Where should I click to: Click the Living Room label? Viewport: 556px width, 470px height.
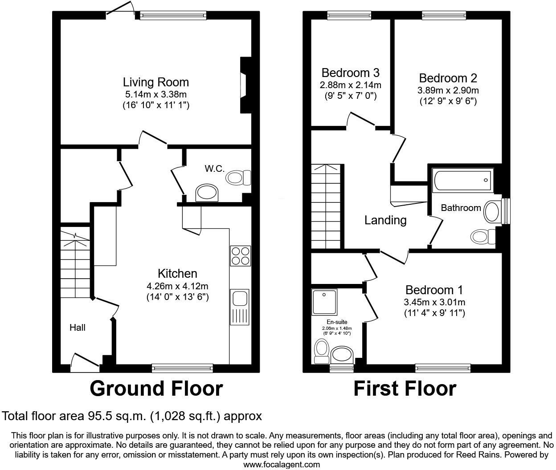(x=156, y=82)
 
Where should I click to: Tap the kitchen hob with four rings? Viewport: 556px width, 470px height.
(x=240, y=256)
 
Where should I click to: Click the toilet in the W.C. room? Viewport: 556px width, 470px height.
(x=238, y=178)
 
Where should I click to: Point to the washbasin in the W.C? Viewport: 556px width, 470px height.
(x=208, y=193)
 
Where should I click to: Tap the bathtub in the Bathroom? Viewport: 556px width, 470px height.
(x=462, y=180)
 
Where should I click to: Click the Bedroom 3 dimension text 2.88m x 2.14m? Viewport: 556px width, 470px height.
(x=350, y=85)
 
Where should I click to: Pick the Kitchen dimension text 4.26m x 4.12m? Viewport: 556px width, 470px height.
(x=177, y=286)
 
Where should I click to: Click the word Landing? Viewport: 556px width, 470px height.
(x=385, y=220)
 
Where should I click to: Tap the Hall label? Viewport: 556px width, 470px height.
(x=78, y=328)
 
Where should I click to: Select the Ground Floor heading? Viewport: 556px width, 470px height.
(x=156, y=389)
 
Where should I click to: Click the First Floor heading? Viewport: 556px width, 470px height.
(x=405, y=389)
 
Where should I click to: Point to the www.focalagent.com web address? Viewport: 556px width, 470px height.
(x=282, y=465)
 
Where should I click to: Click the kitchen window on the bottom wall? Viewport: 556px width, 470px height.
(x=182, y=368)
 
